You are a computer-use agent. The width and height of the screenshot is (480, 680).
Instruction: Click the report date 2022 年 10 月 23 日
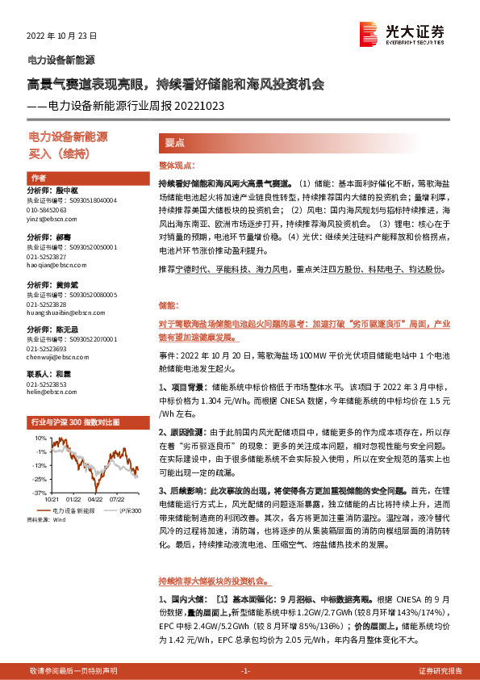tap(62, 37)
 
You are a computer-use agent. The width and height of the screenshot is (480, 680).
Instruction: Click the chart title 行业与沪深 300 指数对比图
tap(74, 422)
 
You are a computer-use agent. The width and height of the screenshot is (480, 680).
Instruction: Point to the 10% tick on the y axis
tap(40, 439)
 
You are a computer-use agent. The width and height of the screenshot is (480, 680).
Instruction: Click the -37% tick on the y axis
tap(39, 491)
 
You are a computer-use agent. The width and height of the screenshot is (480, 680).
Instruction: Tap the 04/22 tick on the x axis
tap(94, 500)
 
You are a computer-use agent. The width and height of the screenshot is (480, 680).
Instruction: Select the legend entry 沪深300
tap(119, 510)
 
